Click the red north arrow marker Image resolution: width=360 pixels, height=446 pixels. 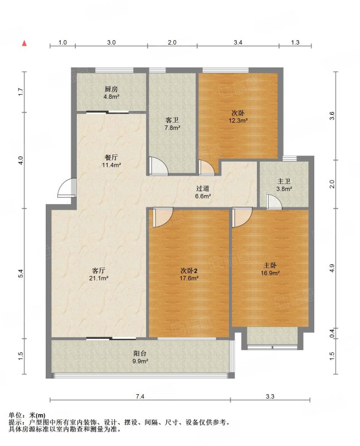[x=25, y=43]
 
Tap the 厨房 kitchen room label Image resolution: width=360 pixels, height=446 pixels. [x=111, y=89]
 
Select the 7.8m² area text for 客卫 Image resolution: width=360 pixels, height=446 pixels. [x=172, y=128]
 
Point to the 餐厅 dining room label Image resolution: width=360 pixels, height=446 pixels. [x=111, y=157]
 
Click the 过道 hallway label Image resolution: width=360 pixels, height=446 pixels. [x=203, y=188]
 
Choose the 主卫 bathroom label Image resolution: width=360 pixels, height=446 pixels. [x=284, y=181]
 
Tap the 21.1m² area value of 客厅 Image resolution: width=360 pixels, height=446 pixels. [x=99, y=278]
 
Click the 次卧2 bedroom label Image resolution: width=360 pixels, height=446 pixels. [x=189, y=270]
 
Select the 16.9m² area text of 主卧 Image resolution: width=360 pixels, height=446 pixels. [x=270, y=273]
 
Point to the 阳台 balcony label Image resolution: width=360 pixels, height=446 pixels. [x=140, y=353]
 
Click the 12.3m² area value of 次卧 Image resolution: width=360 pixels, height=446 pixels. [x=238, y=120]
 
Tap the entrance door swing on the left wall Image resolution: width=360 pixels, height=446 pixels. [x=67, y=188]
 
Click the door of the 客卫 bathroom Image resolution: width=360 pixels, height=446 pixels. [x=159, y=166]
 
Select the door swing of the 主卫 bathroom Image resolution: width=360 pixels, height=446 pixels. [x=274, y=202]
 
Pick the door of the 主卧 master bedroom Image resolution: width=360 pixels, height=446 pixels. [x=242, y=217]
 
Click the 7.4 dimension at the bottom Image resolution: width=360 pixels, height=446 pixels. [x=140, y=396]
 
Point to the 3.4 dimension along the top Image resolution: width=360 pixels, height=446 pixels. [x=238, y=43]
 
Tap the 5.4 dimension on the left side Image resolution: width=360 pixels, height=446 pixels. [x=20, y=274]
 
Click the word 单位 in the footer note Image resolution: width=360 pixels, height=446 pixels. [x=15, y=415]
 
